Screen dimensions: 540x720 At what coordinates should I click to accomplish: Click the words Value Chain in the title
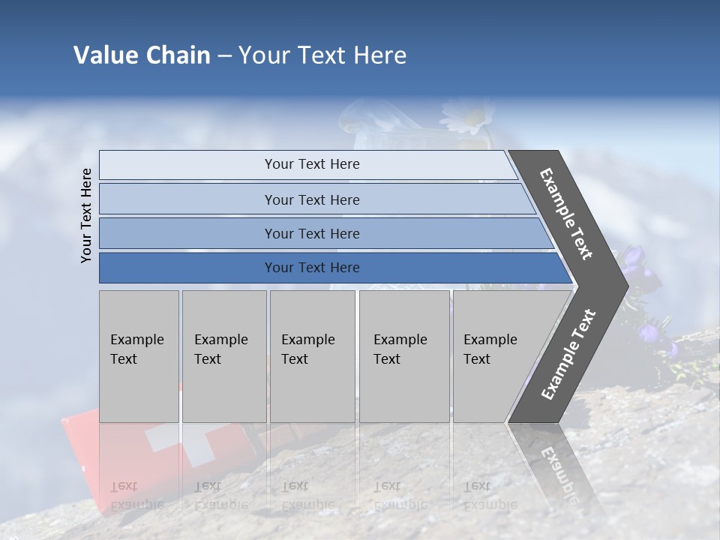pos(142,55)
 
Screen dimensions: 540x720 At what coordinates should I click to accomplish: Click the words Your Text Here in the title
pos(322,55)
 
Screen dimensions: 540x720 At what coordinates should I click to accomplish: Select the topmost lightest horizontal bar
pos(187,165)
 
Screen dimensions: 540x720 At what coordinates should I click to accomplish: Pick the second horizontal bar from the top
pos(187,199)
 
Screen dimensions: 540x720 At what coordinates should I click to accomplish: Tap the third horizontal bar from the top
pos(187,233)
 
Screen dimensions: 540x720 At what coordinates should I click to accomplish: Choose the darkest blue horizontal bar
pos(187,268)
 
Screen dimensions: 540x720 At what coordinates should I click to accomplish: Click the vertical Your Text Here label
pos(86,215)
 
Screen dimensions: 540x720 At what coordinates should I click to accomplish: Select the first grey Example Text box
pos(139,356)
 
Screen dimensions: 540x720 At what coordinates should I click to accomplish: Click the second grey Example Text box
pos(223,356)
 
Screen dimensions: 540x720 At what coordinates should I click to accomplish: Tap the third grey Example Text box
pos(312,356)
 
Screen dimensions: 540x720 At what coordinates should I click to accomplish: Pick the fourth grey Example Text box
pos(403,356)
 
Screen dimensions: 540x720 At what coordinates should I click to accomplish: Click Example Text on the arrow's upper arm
pos(566,214)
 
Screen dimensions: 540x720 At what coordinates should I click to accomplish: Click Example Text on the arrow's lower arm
pos(568,355)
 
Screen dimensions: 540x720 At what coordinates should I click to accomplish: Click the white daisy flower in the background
pos(464,116)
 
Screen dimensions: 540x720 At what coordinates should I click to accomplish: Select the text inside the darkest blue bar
pos(312,268)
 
